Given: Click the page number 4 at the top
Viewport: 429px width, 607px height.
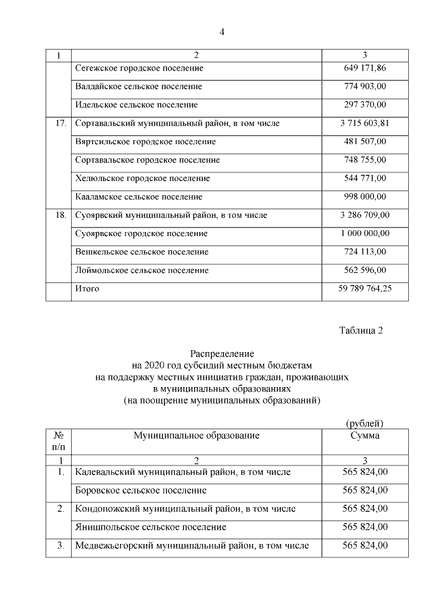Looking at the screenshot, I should click(x=222, y=32).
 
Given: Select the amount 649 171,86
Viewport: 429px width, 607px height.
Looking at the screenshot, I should click(x=365, y=68).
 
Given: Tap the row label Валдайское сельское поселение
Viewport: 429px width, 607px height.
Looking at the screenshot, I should click(x=139, y=87).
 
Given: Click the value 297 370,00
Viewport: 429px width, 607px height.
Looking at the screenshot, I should click(x=365, y=105).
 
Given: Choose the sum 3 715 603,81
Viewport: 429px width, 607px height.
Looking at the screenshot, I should click(x=365, y=123).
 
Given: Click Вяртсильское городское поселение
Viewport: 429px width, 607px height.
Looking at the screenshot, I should click(x=145, y=142).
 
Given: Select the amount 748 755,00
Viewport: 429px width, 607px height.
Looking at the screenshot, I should click(x=365, y=160).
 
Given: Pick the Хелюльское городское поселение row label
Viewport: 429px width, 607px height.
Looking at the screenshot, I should click(x=143, y=178).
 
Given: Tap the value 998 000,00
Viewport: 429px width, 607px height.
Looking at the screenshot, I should click(x=365, y=197).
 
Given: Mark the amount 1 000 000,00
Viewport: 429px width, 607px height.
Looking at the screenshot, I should click(x=365, y=233).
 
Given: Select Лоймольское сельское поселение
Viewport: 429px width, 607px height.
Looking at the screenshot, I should click(x=142, y=270).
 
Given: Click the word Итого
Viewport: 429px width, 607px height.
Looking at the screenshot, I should click(x=87, y=288).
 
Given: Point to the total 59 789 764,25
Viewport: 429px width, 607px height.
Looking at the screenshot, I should click(x=365, y=288).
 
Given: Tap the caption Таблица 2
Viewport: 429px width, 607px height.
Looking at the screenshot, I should click(x=361, y=330).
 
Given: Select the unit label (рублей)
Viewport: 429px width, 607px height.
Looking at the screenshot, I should click(x=365, y=423).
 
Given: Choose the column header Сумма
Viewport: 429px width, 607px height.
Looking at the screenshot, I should click(x=365, y=435).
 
